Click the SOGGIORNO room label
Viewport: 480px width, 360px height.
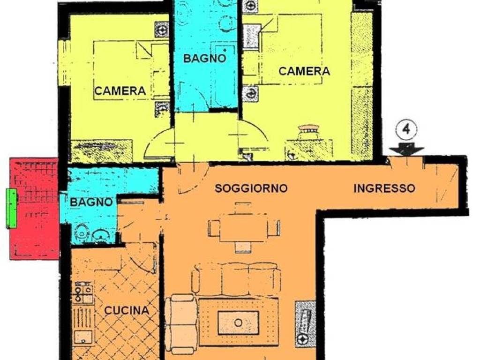[251, 188]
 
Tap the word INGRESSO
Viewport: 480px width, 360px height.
[384, 188]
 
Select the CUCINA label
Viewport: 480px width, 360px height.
[127, 310]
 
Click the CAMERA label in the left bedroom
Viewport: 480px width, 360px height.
[120, 91]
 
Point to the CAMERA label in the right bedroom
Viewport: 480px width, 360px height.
[304, 71]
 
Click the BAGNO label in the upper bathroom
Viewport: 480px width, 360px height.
[204, 59]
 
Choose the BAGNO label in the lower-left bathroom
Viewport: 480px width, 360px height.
[92, 202]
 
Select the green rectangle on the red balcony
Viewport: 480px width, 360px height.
[11, 209]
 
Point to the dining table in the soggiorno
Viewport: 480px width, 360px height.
[243, 228]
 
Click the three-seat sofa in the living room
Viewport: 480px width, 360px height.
[237, 278]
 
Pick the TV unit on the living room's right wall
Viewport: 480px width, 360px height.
[305, 323]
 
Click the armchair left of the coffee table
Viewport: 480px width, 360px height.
[181, 323]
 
